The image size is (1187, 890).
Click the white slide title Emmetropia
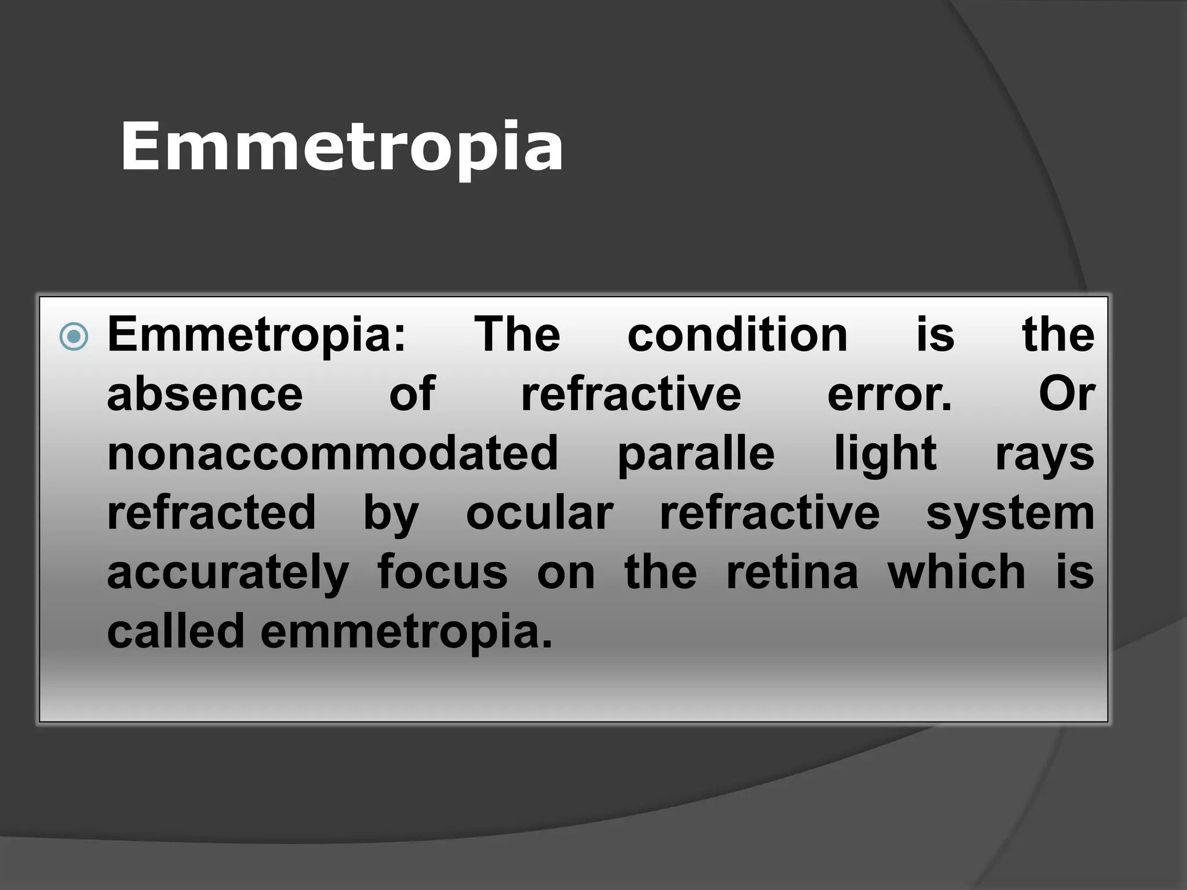pos(341,147)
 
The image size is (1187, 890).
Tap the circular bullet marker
pos(74,337)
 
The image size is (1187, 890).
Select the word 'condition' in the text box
pos(737,335)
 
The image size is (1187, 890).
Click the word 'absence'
pos(205,395)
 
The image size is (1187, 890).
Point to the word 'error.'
pos(890,395)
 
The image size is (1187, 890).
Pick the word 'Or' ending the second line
pos(1066,395)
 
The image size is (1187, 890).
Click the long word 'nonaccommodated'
pos(333,454)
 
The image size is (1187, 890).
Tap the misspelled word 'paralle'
pos(696,455)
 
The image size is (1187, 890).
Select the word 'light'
pos(885,455)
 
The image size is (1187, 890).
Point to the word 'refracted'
pos(212,513)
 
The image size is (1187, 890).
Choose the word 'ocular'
pos(540,514)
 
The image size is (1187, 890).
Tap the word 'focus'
pos(443,572)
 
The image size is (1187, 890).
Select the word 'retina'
pos(792,572)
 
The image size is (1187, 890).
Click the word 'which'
pos(957,572)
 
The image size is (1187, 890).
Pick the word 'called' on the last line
pos(176,632)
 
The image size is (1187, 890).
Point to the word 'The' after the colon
pos(518,335)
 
